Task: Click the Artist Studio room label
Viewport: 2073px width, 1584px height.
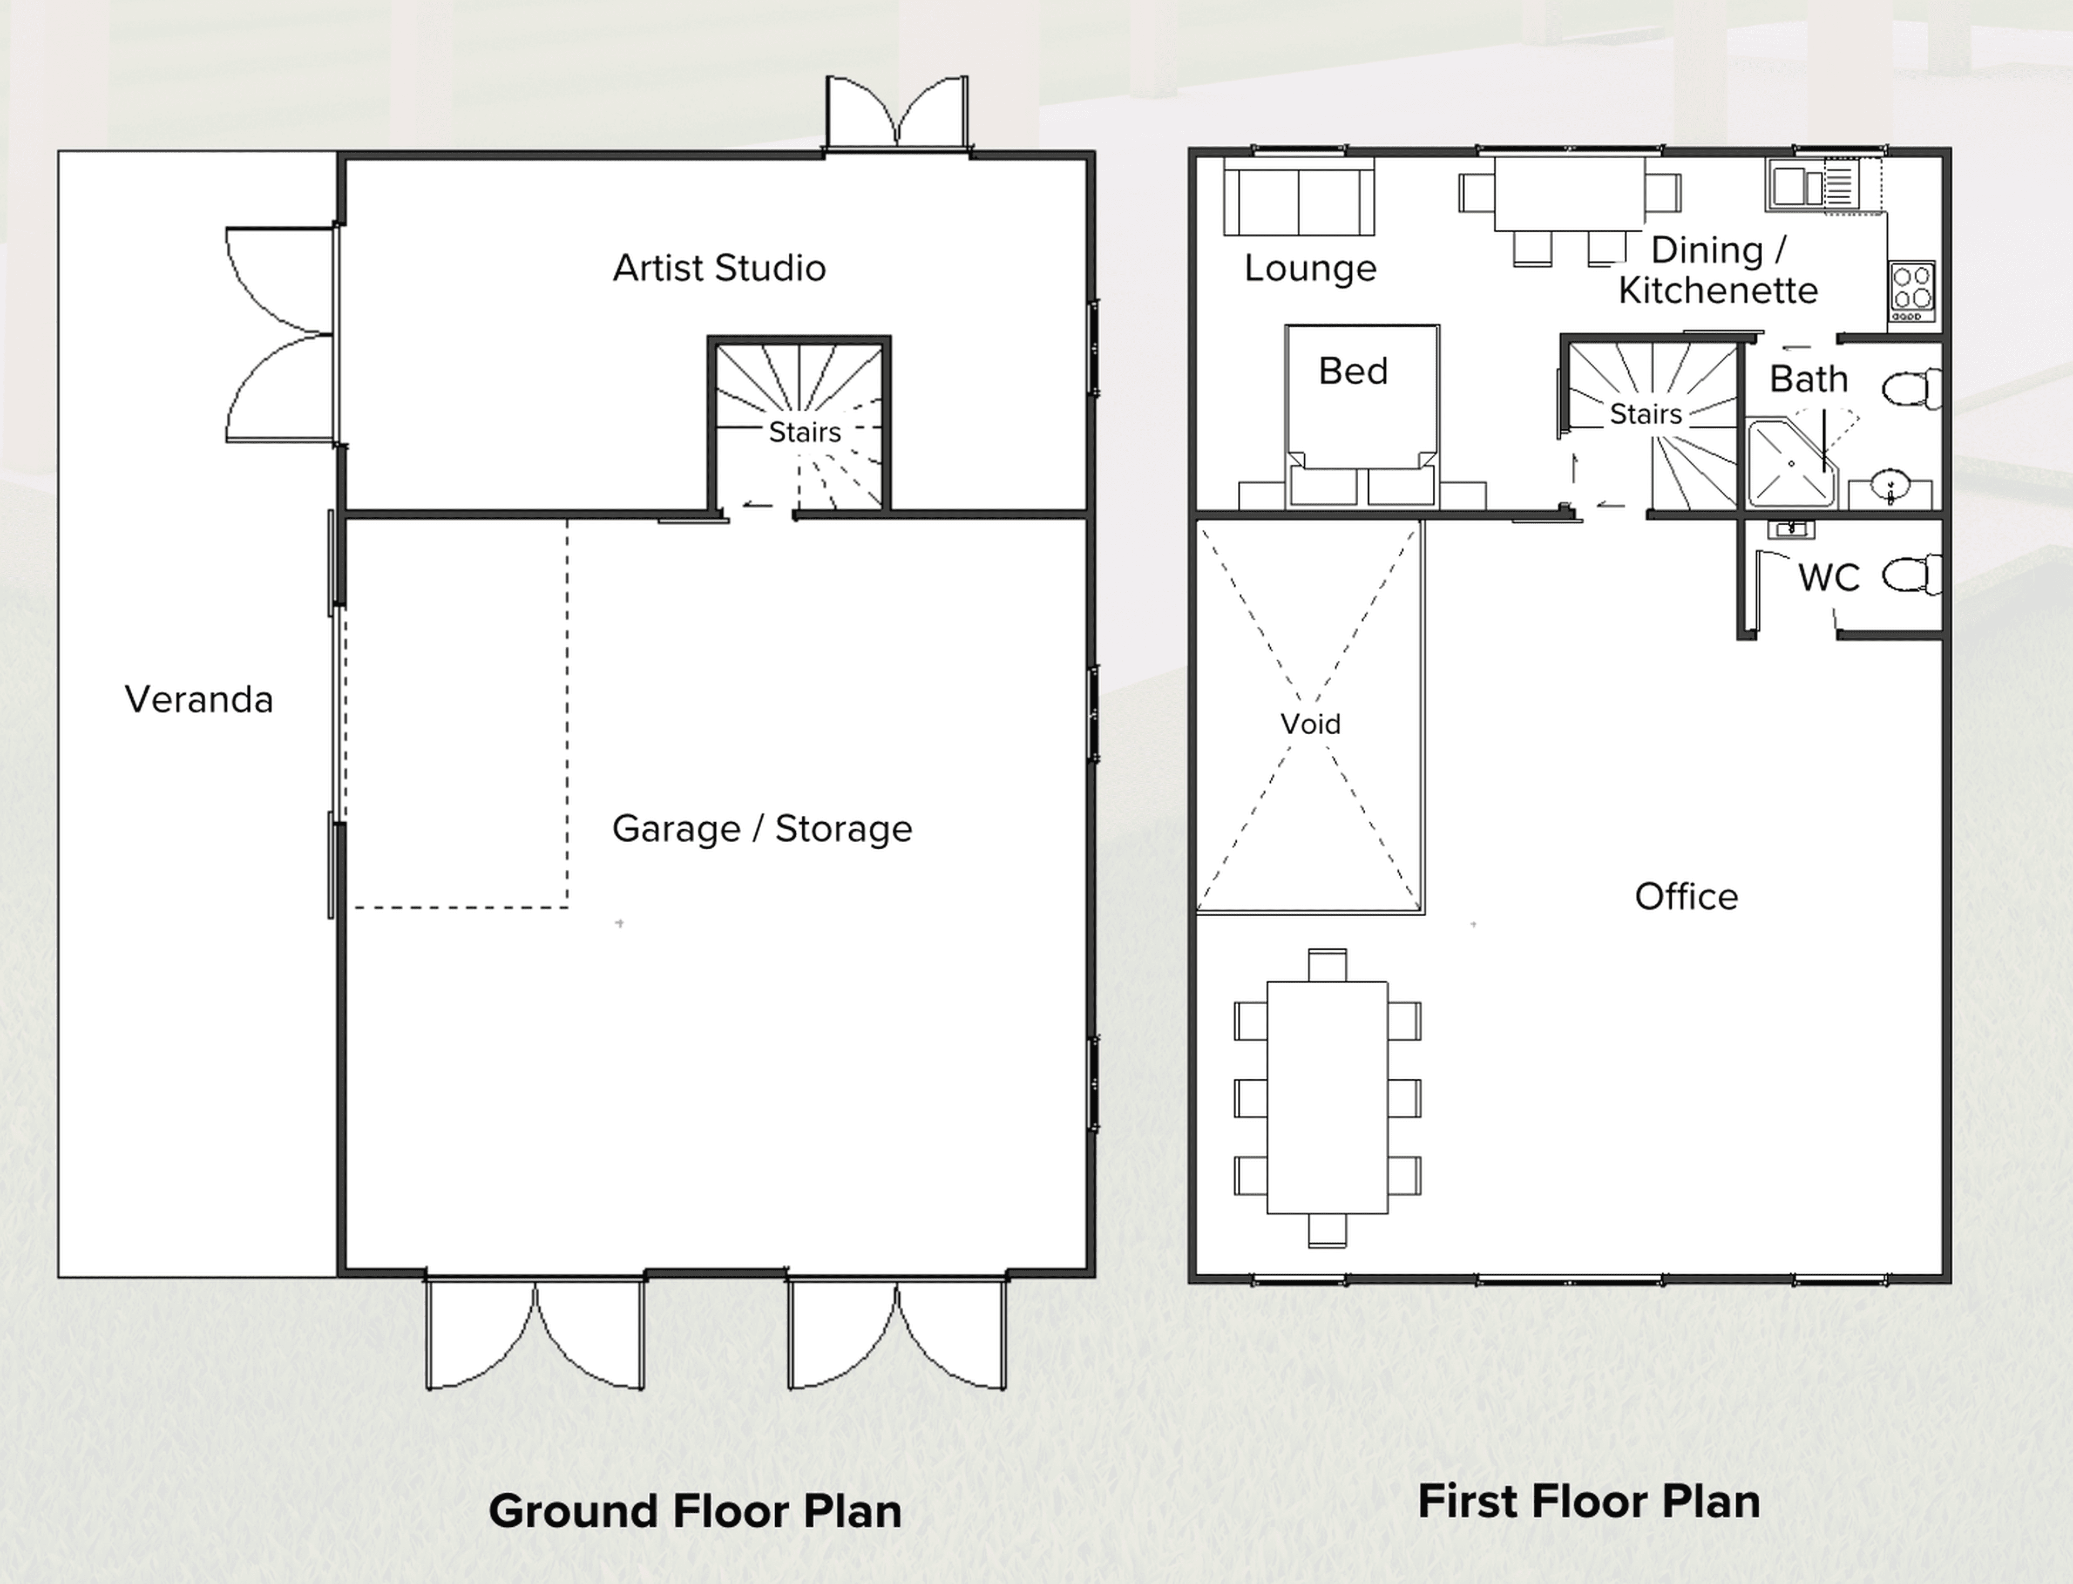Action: (719, 269)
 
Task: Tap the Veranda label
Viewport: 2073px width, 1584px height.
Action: (199, 700)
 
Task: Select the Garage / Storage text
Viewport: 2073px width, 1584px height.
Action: (762, 829)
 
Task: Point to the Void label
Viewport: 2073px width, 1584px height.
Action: (1310, 724)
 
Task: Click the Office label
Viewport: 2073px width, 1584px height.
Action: (1685, 897)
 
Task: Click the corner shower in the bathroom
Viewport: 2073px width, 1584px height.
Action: (1789, 464)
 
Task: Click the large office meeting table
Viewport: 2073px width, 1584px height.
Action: (1326, 1098)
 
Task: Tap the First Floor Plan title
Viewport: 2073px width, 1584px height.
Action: (1588, 1501)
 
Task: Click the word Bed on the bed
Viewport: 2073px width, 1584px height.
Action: (1353, 371)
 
